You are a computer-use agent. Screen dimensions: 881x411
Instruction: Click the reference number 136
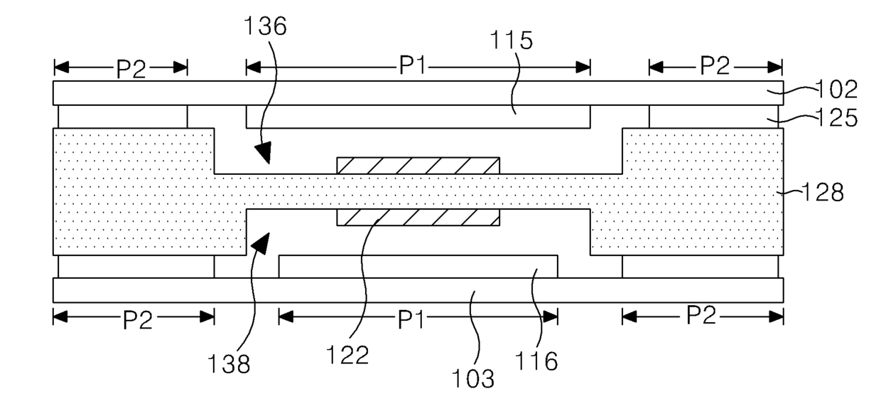pos(266,26)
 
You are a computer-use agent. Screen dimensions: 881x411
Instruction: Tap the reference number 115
pos(512,40)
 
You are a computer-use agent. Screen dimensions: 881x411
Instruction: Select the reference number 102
pos(837,90)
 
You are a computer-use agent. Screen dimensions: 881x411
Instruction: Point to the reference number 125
pos(837,118)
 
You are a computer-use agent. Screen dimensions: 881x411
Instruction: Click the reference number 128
pos(823,193)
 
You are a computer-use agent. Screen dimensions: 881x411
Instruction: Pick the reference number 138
pos(229,363)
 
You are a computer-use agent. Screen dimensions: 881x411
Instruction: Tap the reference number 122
pos(347,355)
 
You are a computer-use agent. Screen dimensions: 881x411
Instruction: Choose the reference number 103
pos(472,379)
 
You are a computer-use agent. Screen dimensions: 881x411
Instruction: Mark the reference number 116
pos(536,361)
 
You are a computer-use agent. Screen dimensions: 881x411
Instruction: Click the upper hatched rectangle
pos(418,166)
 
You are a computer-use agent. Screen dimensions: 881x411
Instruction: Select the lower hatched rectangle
pos(418,218)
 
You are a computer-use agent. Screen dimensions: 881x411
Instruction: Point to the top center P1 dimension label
pos(412,65)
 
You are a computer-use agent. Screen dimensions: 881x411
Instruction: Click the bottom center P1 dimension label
pos(411,320)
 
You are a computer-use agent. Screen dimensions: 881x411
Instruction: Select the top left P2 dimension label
pos(131,69)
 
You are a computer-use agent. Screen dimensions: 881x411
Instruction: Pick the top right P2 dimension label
pos(715,65)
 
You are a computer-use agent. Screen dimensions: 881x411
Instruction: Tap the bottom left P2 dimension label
pos(138,320)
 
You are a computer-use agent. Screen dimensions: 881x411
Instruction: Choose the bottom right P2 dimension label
pos(701,315)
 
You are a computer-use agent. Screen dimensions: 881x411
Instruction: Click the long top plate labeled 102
pos(418,93)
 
